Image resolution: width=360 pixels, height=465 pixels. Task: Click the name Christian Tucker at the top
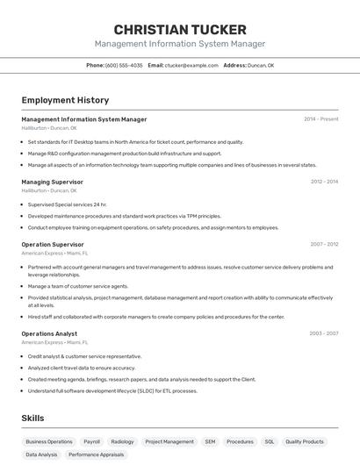[180, 29]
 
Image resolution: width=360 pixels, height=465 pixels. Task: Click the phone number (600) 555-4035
[124, 65]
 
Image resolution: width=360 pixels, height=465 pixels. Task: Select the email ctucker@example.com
[191, 65]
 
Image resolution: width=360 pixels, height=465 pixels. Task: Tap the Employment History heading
[65, 100]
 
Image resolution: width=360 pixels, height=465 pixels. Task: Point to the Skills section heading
[32, 419]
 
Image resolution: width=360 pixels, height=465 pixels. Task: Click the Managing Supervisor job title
[52, 182]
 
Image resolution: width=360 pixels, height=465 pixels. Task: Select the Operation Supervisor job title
[53, 244]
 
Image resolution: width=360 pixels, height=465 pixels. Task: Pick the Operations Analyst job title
[49, 333]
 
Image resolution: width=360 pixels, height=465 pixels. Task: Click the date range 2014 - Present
[320, 119]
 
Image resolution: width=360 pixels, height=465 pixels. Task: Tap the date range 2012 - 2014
[324, 182]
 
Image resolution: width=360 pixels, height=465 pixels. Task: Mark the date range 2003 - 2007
[324, 333]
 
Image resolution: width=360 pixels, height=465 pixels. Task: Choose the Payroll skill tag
[91, 442]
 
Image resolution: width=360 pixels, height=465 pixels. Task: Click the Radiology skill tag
[122, 442]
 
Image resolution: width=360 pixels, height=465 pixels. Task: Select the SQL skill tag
[270, 442]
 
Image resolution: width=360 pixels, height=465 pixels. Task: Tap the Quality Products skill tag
[305, 442]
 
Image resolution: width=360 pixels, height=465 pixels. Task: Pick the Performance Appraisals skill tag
[97, 455]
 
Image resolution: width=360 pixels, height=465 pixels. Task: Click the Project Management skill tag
[169, 442]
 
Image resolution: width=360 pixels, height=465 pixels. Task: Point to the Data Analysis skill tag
[41, 455]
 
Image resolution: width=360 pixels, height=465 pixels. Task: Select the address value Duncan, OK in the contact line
[261, 65]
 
